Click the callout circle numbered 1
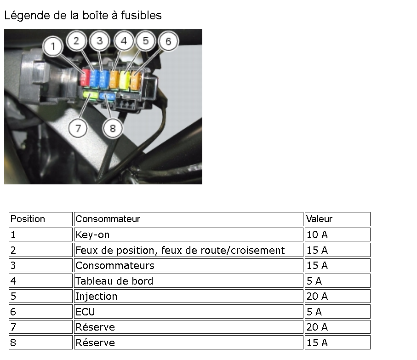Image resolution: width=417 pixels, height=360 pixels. [54, 46]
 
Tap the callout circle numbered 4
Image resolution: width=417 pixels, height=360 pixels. [123, 41]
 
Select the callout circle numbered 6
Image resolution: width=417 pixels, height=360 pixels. [168, 41]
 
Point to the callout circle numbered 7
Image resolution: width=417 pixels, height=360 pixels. [78, 128]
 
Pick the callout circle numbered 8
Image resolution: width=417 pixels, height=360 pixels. [113, 128]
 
